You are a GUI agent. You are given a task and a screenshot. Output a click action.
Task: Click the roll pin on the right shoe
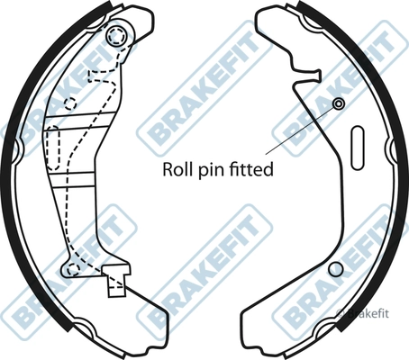click(x=339, y=103)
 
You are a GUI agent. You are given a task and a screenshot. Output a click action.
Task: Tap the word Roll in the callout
click(x=173, y=169)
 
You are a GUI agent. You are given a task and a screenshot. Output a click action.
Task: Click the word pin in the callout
click(x=205, y=171)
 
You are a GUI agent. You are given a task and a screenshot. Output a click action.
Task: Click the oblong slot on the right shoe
click(x=358, y=148)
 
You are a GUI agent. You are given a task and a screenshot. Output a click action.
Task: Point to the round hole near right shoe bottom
click(x=336, y=269)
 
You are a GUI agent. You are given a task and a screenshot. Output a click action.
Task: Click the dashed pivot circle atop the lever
click(x=116, y=36)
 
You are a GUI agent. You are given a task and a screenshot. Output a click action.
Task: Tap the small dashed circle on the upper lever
click(x=70, y=103)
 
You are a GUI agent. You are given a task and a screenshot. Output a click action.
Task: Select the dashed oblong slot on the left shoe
click(x=53, y=148)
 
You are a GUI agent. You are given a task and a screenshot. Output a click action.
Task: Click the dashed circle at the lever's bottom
click(x=73, y=269)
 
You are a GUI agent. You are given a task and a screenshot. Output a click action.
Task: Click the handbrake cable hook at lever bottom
click(x=116, y=281)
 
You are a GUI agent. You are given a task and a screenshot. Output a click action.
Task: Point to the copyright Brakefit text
click(x=362, y=313)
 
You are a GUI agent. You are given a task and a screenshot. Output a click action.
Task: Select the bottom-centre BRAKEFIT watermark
click(x=205, y=272)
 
